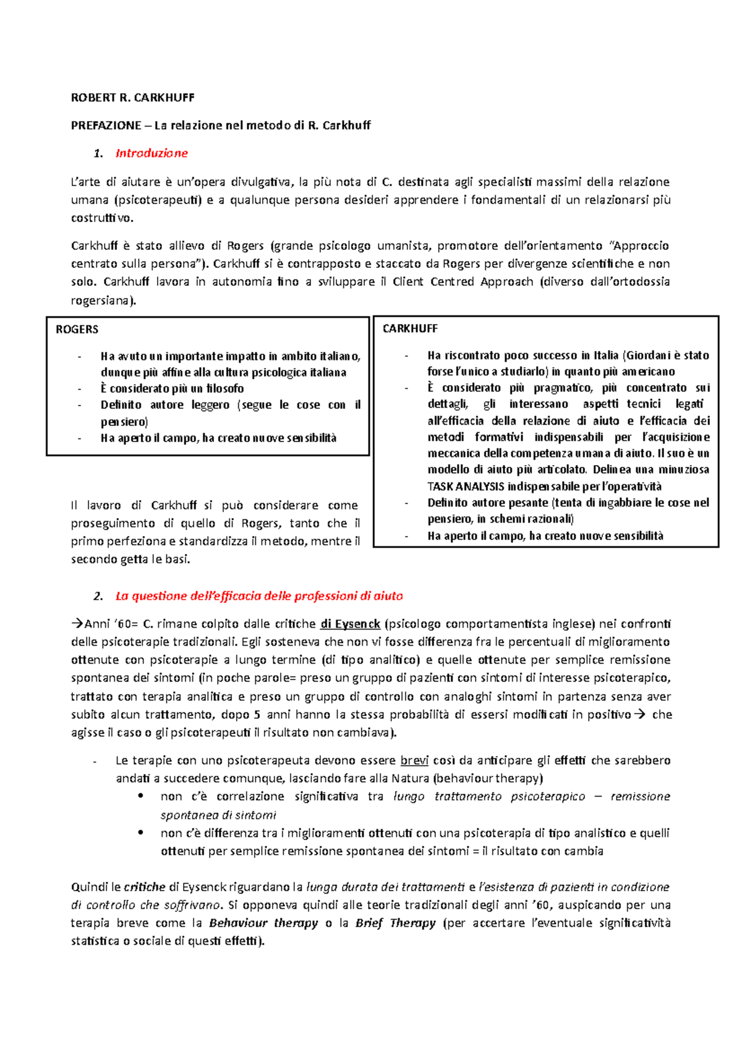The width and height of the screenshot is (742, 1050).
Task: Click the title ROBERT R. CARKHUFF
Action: (x=132, y=97)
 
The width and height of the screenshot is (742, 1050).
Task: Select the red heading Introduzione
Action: (x=151, y=153)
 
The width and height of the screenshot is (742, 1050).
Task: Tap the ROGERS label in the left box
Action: (x=77, y=330)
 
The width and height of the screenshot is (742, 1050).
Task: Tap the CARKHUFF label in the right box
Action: (x=410, y=328)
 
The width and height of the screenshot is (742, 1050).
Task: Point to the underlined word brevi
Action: (x=414, y=760)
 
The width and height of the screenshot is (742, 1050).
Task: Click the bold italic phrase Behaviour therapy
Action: (x=263, y=923)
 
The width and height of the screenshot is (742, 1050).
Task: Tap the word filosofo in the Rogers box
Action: (x=224, y=389)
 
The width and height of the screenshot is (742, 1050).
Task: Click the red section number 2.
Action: (x=98, y=596)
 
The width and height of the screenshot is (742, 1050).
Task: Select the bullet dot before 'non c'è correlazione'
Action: (x=142, y=796)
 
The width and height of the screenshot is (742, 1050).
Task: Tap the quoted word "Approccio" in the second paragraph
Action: (x=639, y=245)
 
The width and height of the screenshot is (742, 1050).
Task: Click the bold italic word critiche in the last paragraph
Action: (x=144, y=887)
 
